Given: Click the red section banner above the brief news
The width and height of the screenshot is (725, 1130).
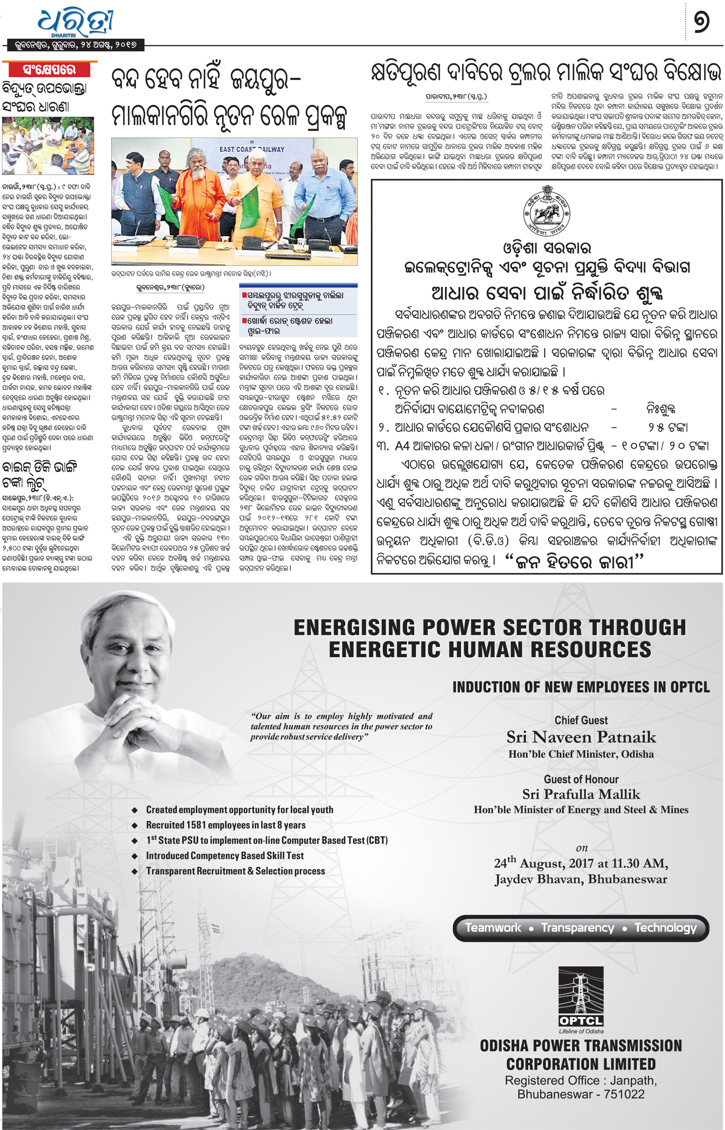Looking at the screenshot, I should click(49, 70).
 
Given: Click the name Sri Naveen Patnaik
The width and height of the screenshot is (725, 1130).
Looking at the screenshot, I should click(581, 737).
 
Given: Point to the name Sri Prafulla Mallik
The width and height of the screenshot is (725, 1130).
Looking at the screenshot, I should click(581, 794).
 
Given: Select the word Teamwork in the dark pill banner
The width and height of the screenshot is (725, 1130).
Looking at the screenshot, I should click(493, 928).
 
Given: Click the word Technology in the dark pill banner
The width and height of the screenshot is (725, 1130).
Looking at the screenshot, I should click(666, 928).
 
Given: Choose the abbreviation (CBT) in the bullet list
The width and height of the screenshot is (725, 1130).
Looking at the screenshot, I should click(377, 841).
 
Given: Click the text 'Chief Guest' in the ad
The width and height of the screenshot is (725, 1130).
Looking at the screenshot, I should click(581, 720).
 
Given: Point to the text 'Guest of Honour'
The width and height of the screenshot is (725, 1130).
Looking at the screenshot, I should click(581, 779).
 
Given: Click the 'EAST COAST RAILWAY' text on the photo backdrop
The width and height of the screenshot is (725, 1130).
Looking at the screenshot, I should click(252, 150).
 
